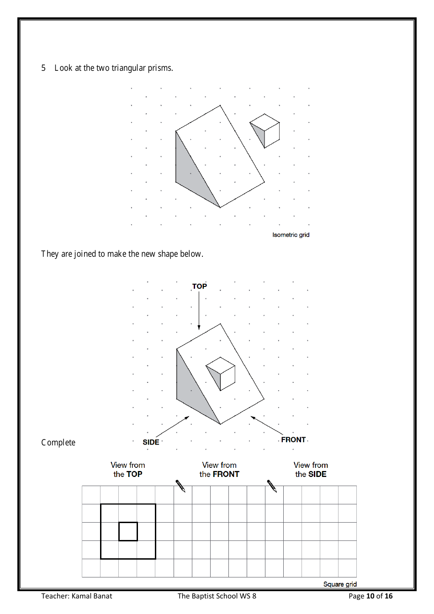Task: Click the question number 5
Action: point(43,68)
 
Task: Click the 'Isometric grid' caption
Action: point(291,235)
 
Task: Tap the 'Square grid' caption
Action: point(339,584)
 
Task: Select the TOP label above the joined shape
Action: point(199,286)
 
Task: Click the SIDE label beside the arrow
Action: point(151,442)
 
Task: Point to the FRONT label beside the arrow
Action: point(293,439)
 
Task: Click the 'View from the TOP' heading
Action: point(128,470)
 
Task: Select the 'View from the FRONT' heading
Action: point(219,470)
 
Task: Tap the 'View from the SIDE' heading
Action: point(311,470)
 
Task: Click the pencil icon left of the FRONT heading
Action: point(180,486)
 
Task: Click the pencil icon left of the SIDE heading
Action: point(272,486)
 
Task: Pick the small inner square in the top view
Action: point(128,531)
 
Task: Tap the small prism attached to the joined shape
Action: point(222,373)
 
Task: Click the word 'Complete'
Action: point(58,442)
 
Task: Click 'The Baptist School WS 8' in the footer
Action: point(217,596)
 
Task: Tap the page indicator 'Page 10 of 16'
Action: point(370,596)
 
